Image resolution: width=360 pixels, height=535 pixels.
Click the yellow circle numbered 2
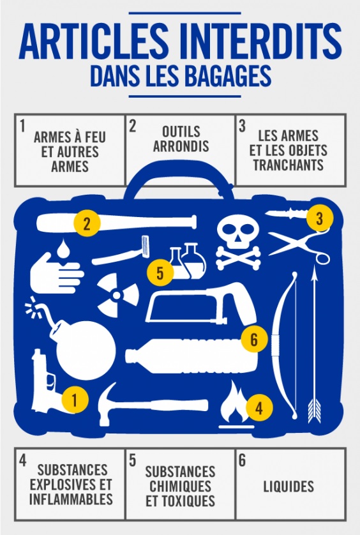click(x=87, y=224)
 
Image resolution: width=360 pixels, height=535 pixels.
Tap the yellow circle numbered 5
click(x=160, y=273)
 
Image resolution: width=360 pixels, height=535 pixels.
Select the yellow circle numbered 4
click(x=259, y=407)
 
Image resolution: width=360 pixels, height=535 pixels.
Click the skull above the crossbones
click(x=239, y=232)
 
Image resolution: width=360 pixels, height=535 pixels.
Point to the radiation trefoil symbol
click(x=117, y=295)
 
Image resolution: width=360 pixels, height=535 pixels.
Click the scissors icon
click(x=299, y=246)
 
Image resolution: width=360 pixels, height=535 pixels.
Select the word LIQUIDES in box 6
click(x=289, y=486)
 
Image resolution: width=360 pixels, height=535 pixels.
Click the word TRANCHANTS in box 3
click(x=289, y=165)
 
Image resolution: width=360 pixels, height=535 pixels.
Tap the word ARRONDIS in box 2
click(x=181, y=146)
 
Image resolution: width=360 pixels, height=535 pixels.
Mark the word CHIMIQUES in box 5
click(x=181, y=486)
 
